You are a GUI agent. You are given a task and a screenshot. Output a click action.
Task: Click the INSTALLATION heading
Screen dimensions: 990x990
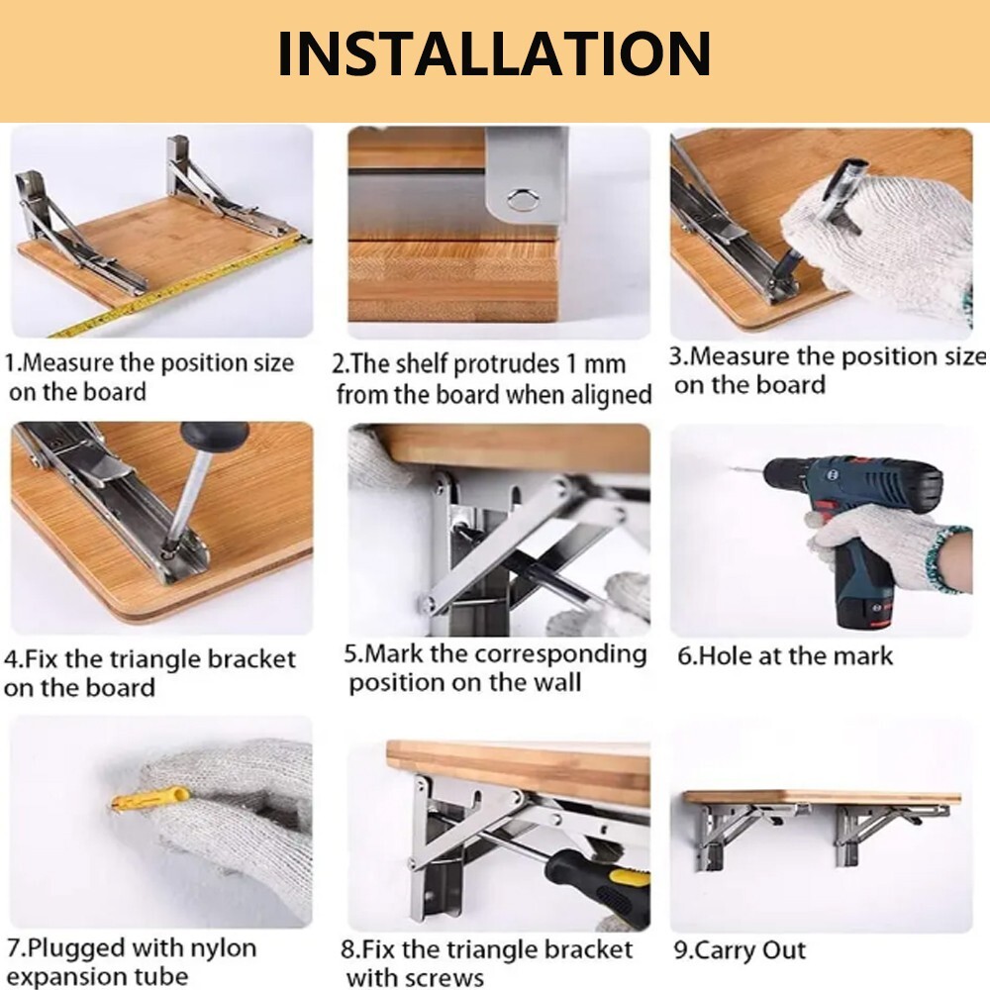[493, 53]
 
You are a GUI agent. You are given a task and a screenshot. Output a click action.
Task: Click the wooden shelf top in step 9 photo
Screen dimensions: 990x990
[822, 797]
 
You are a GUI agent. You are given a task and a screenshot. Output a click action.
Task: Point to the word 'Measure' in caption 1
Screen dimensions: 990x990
[68, 363]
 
